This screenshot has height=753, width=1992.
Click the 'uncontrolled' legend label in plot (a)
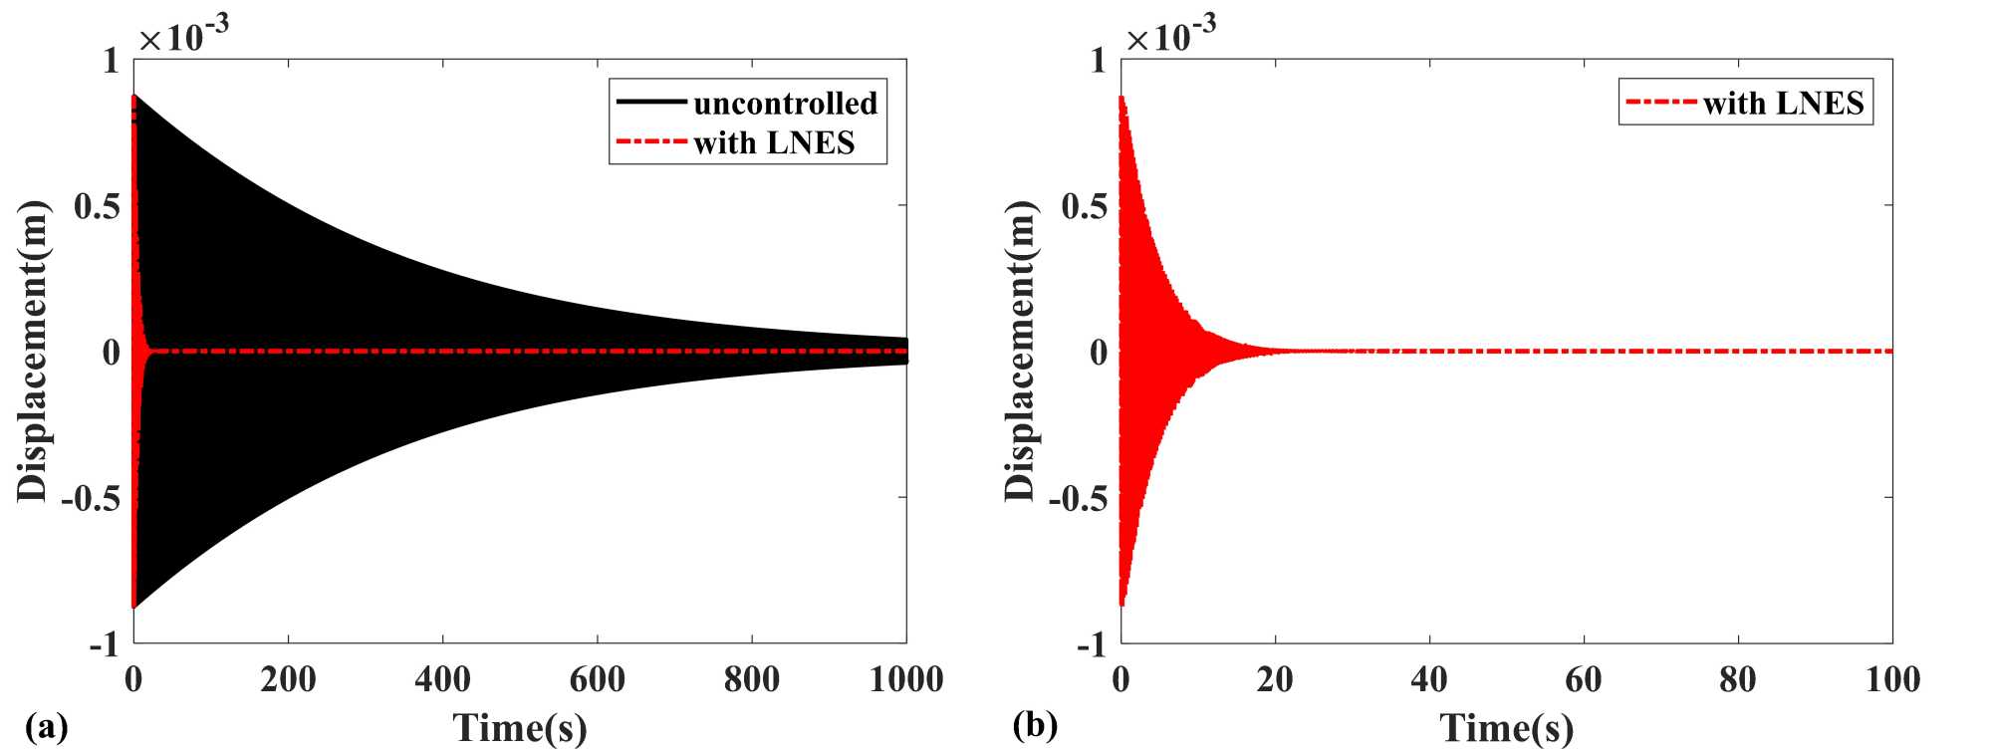785,104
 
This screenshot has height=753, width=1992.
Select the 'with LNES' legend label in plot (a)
774,143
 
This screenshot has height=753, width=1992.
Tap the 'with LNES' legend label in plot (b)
1783,104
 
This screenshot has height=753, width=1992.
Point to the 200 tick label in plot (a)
288,679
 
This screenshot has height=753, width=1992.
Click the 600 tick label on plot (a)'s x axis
597,679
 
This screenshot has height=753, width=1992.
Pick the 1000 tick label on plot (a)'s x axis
906,679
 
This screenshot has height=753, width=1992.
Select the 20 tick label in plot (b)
1275,679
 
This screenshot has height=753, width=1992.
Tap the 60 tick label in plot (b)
1584,679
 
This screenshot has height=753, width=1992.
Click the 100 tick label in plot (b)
1892,679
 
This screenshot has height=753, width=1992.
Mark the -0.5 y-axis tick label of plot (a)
91,498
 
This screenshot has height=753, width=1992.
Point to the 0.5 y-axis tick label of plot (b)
1085,207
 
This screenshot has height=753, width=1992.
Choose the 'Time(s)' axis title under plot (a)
520,728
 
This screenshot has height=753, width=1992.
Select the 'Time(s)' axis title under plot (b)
1507,728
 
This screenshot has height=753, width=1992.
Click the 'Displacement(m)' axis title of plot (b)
1020,351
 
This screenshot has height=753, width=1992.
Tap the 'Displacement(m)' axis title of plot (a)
33,351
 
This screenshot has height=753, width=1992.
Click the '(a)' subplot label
47,726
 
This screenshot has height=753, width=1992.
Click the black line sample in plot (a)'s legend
651,103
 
